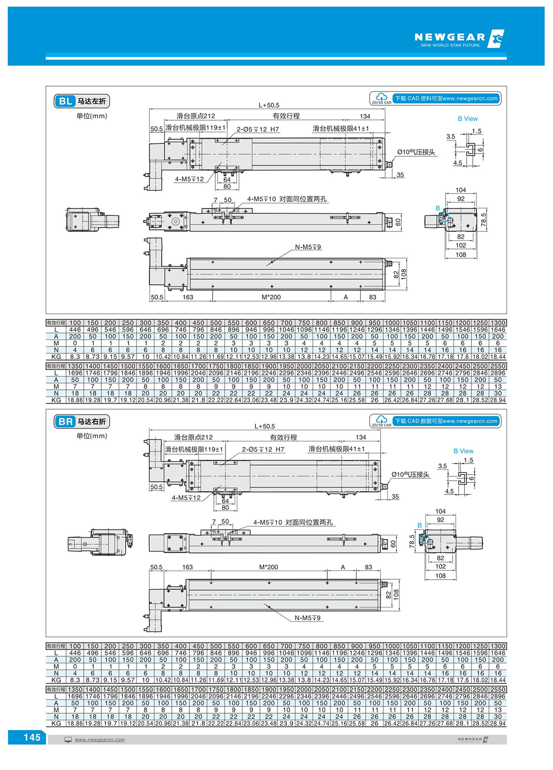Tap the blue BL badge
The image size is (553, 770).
65,101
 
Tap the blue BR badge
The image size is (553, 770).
65,422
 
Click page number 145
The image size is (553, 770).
32,737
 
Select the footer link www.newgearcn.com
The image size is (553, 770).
100,740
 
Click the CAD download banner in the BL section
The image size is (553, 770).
435,99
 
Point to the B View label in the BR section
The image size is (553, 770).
463,451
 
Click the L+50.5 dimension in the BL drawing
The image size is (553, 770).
269,105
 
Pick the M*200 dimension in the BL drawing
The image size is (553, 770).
271,297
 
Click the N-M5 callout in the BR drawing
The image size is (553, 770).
307,617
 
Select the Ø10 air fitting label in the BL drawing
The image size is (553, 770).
416,152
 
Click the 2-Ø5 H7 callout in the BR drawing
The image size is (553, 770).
263,449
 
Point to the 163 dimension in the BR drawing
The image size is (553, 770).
188,567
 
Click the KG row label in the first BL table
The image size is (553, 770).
56,357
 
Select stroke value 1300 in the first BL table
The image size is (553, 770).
498,323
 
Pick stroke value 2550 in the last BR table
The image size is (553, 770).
498,689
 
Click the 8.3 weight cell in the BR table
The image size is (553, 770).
75,680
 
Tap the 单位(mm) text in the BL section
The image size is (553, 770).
92,116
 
